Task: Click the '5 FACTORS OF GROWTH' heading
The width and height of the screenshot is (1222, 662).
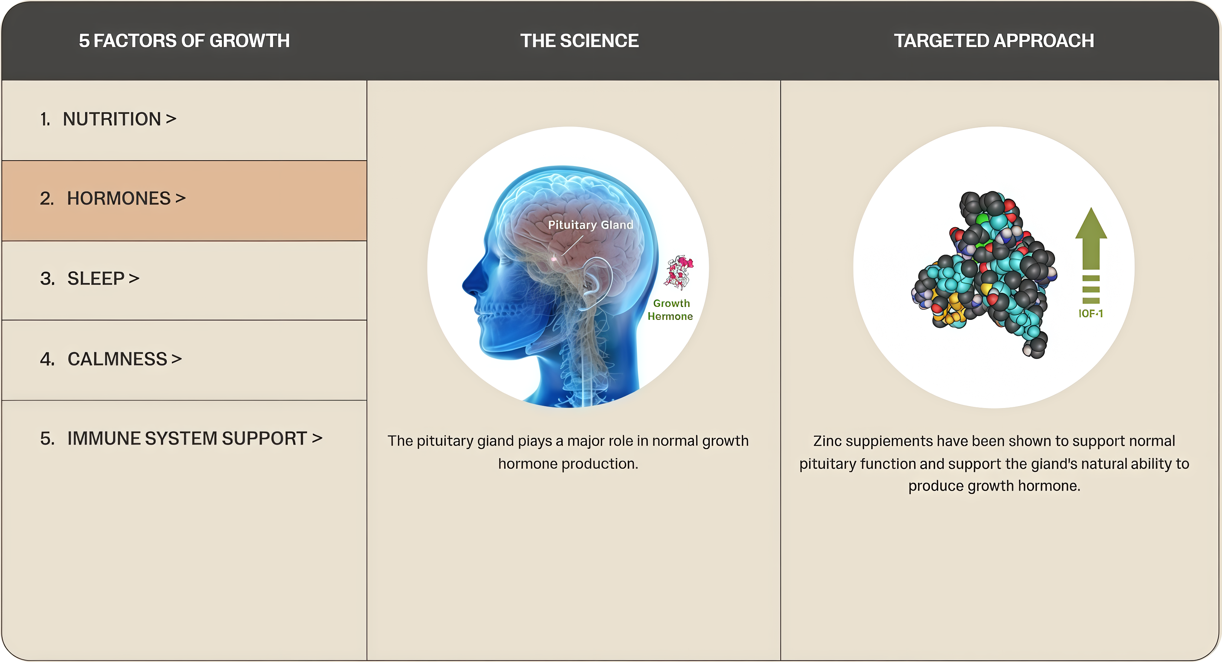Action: point(184,41)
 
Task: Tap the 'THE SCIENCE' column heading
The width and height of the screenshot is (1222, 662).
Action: point(579,41)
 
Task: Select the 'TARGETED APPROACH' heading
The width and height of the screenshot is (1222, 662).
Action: point(994,41)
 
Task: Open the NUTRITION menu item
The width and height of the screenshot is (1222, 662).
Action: point(108,119)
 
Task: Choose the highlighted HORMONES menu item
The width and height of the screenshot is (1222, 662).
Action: point(113,198)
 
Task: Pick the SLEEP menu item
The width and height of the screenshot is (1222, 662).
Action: point(90,278)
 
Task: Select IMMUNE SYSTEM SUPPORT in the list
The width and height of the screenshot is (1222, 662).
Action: point(181,439)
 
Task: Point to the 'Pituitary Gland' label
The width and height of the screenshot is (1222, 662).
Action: point(590,225)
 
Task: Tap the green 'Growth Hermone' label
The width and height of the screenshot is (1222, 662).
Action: point(670,310)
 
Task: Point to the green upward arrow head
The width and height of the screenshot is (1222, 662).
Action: point(1091,223)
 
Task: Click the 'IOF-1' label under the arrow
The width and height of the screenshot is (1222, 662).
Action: point(1090,313)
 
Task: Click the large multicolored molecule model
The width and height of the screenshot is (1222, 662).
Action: point(984,274)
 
